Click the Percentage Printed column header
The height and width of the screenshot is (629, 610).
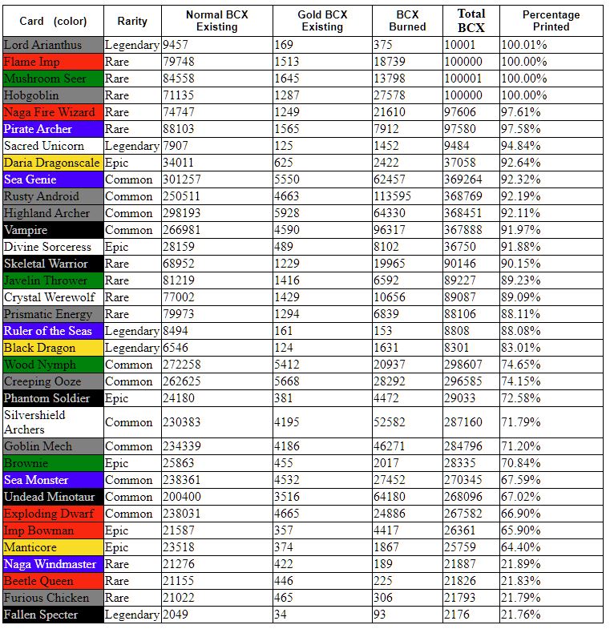pos(551,21)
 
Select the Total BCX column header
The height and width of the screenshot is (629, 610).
pos(471,21)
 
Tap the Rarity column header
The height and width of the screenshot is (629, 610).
pos(132,21)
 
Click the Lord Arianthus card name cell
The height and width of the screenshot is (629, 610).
pos(53,46)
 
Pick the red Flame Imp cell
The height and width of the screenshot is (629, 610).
pos(53,62)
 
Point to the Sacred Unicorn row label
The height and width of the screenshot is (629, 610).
pos(53,147)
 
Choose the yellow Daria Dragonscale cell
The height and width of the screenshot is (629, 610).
pos(53,163)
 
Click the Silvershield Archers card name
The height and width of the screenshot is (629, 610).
pos(53,422)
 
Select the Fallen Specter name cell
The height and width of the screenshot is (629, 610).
pos(53,615)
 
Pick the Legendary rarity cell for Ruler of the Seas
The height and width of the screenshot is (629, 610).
pos(132,332)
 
